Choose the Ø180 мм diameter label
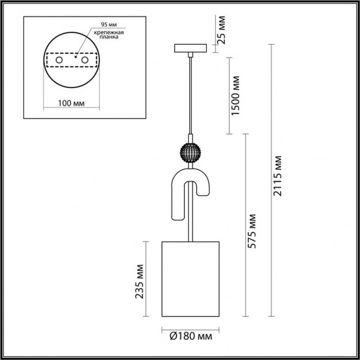[190, 336]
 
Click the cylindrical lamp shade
[190, 279]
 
